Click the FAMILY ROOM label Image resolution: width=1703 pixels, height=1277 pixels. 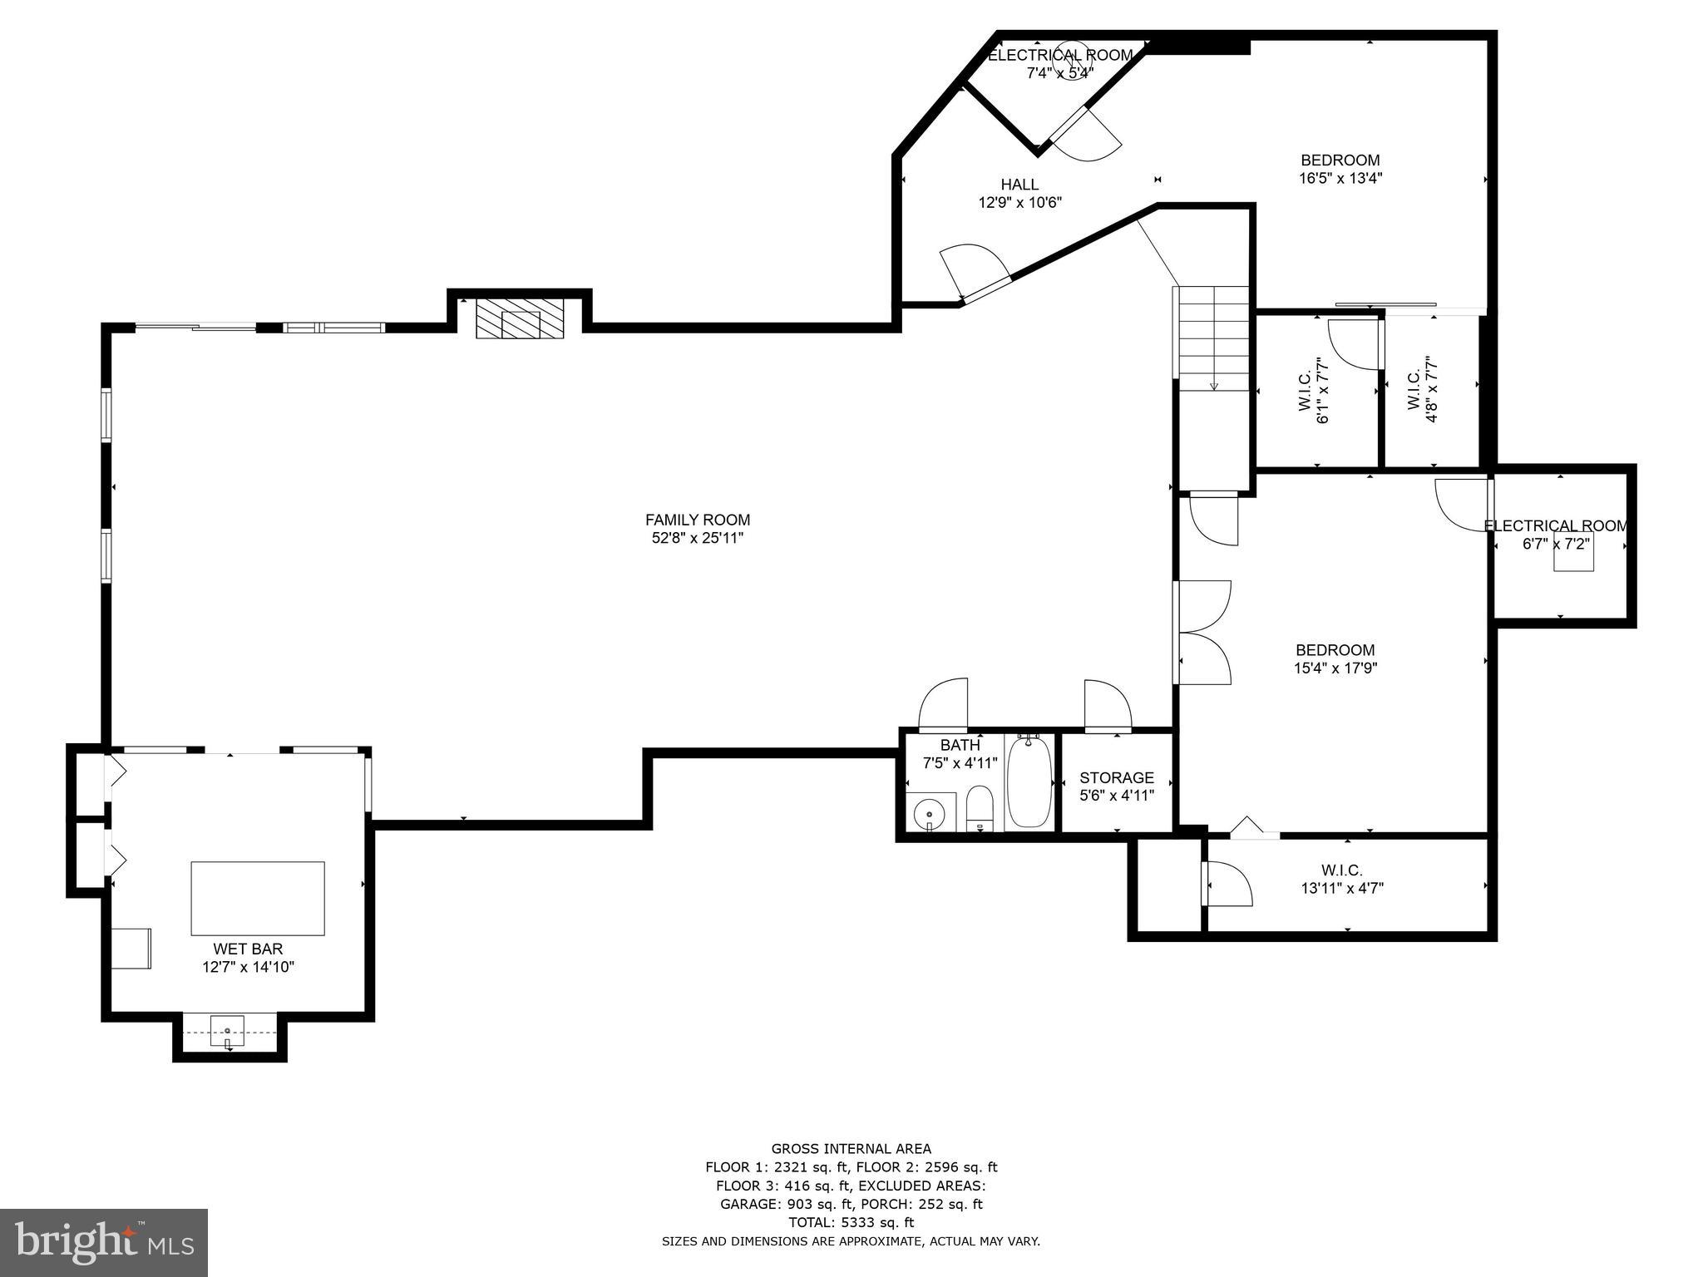tap(697, 520)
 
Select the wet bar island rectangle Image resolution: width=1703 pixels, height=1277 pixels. tap(258, 898)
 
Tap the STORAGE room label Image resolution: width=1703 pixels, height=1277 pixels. tap(1116, 778)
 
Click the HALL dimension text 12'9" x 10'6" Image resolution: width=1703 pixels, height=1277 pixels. tap(1019, 202)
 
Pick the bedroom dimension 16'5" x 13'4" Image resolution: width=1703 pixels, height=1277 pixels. tap(1340, 178)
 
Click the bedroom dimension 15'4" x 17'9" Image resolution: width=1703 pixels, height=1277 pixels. tap(1335, 668)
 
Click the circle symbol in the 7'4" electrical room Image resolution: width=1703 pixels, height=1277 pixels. tap(1068, 61)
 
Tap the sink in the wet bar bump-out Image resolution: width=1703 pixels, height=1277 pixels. tap(227, 1031)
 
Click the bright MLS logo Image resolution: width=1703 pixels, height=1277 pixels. tap(104, 1242)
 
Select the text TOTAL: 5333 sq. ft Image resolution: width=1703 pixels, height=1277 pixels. tap(851, 1222)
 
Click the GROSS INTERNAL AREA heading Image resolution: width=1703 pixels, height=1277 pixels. tap(851, 1149)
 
